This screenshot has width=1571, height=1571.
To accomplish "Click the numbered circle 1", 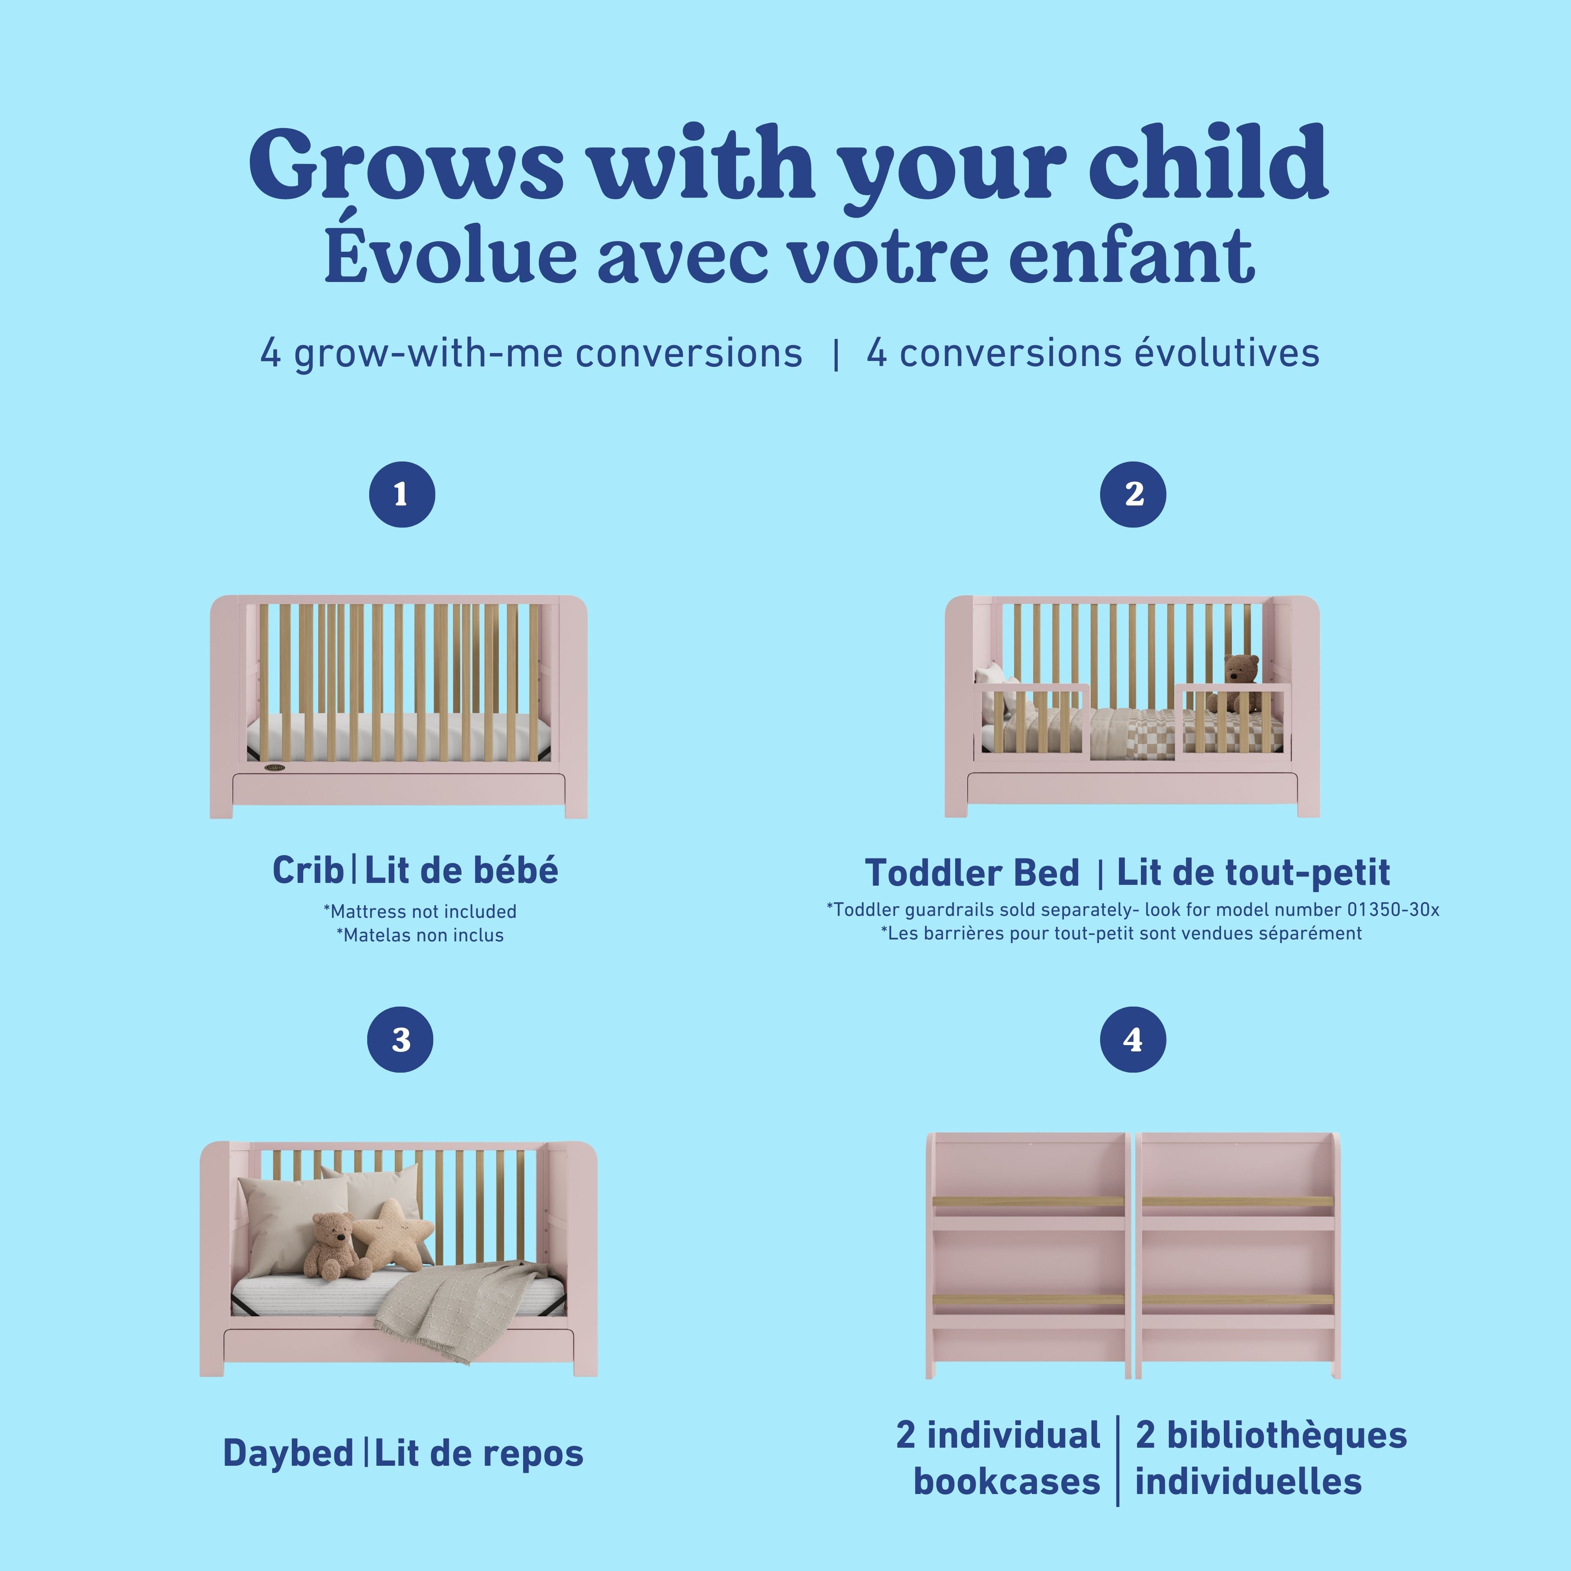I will click(402, 494).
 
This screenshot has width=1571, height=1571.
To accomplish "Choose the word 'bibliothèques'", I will click(1270, 1435).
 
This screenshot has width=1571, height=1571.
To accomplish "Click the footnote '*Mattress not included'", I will click(419, 912).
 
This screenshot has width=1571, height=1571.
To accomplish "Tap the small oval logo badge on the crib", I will click(275, 767).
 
